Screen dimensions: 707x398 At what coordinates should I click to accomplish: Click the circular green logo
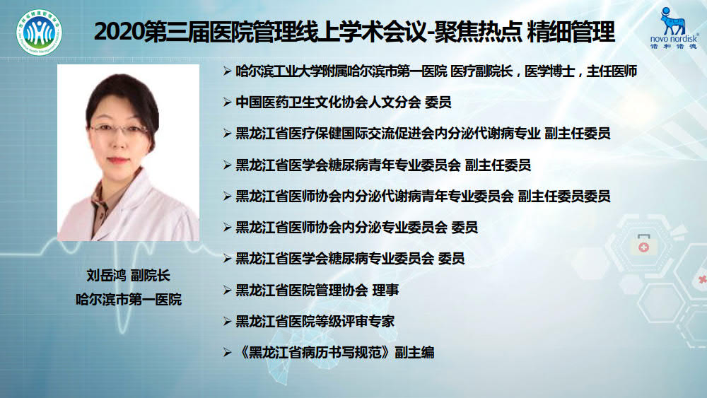point(39,33)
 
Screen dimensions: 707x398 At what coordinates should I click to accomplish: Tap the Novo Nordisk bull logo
point(672,21)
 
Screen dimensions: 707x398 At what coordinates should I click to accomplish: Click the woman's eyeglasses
point(119,130)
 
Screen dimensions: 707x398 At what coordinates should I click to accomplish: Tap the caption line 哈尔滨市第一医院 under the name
point(129,299)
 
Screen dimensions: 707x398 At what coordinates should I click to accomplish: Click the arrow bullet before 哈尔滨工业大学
point(227,71)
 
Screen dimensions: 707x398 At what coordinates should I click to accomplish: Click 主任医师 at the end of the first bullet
point(612,71)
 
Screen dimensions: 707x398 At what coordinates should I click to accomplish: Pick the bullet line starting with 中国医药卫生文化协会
point(343,103)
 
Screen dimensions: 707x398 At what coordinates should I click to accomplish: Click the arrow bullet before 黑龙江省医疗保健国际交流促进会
point(227,134)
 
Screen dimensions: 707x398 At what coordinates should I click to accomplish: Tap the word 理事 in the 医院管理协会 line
point(385,291)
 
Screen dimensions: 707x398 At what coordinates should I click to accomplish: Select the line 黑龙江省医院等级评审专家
point(315,322)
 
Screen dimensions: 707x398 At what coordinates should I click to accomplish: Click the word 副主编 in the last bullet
point(414,353)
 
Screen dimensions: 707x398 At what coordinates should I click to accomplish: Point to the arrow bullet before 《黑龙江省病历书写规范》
point(227,353)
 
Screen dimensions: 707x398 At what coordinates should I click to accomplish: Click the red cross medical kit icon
point(643,245)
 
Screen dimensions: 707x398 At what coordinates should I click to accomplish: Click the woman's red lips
point(117,160)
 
